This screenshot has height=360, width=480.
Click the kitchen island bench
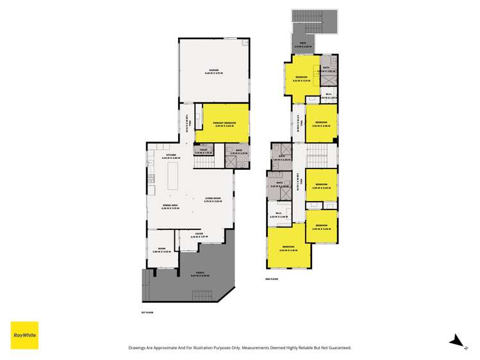[174, 177]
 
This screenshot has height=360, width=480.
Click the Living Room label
[213, 200]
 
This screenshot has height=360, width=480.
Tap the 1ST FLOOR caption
[147, 312]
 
